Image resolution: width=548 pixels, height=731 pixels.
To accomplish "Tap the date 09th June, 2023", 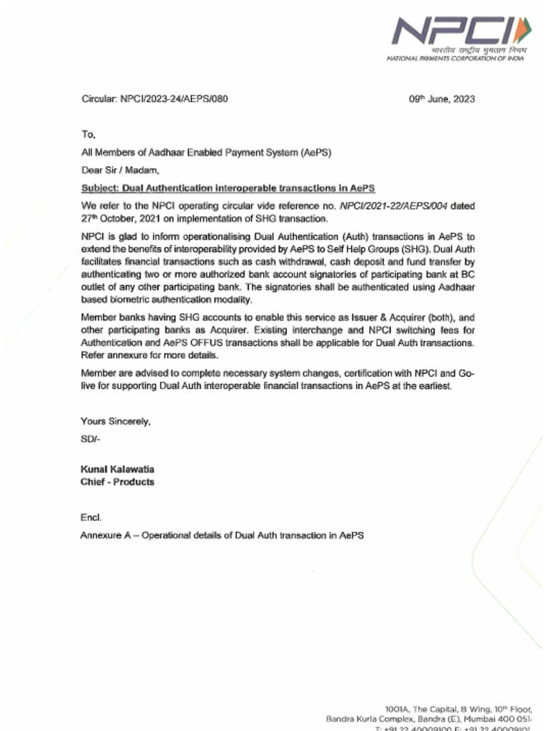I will click(x=442, y=99).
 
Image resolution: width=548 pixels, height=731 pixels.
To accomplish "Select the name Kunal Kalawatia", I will click(x=117, y=469).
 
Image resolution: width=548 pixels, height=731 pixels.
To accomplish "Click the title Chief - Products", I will click(x=117, y=482).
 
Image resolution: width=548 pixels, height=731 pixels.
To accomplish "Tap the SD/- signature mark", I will click(x=91, y=439).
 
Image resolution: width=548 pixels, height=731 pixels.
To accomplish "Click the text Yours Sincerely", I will click(x=116, y=421).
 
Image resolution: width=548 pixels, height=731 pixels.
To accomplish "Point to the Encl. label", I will click(x=91, y=518).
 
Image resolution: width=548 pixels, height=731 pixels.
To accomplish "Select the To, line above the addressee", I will click(x=88, y=134).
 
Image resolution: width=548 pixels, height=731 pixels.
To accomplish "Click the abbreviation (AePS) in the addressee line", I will click(x=315, y=152).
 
